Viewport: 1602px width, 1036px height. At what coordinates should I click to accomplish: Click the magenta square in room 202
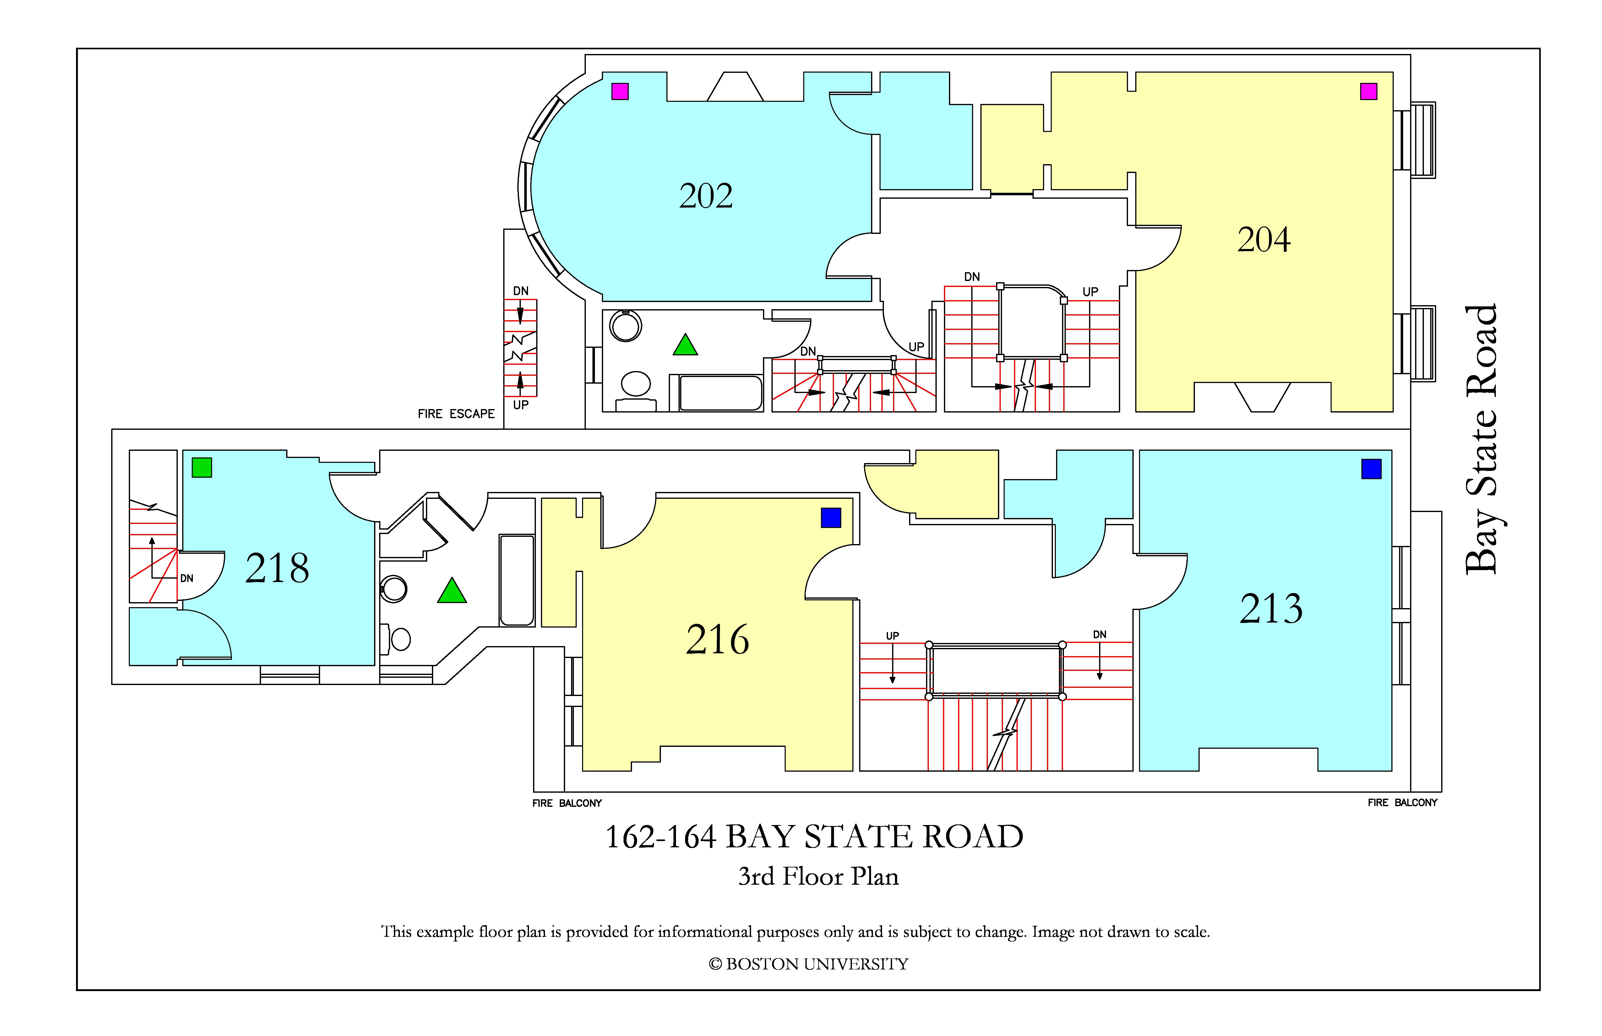[620, 91]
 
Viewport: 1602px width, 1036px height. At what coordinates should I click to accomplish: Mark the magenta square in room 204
[1368, 91]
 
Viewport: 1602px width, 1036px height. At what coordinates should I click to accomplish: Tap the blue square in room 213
[1371, 469]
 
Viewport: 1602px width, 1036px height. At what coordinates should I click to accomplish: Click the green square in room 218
[202, 467]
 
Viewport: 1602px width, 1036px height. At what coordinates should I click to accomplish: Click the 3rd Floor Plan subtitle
[819, 876]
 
